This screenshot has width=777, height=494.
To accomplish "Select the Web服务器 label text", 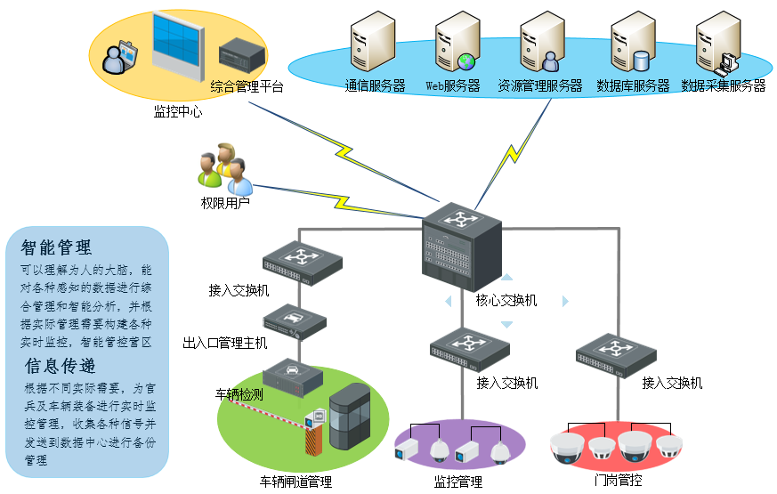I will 452,86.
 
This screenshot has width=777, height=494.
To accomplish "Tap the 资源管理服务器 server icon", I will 542,42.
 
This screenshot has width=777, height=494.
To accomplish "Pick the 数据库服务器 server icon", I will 633,43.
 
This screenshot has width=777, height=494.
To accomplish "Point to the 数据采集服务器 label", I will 723,86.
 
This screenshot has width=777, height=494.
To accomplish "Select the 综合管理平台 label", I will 247,87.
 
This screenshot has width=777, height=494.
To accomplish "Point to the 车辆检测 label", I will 239,393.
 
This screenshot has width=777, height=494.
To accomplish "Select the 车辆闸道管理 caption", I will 295,482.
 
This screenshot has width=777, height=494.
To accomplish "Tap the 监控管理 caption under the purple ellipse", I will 457,482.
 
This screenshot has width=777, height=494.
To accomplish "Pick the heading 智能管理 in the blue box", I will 56,247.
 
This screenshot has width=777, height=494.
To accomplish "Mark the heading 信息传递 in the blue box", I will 61,366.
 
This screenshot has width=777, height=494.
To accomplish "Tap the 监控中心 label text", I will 177,112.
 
